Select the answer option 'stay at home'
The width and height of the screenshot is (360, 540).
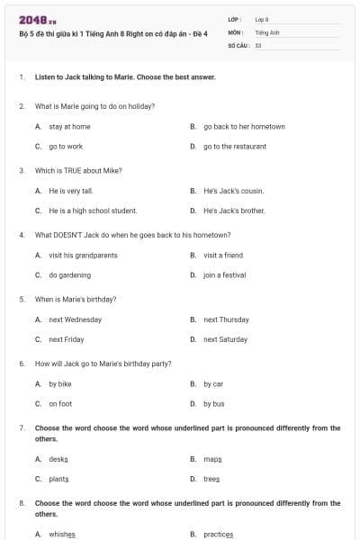point(69,127)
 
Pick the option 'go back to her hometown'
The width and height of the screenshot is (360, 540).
point(244,127)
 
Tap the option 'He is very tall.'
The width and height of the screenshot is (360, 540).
point(71,191)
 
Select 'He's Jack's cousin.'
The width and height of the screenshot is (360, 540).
point(233,191)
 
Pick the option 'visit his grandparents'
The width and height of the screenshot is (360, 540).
point(83,256)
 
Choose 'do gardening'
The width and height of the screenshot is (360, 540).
point(69,275)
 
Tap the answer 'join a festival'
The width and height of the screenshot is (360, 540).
point(224,275)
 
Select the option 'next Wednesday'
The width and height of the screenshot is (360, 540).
point(75,319)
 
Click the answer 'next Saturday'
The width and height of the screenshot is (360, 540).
point(225,339)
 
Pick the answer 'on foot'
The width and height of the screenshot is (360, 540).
point(60,404)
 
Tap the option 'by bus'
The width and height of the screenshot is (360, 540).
point(213,404)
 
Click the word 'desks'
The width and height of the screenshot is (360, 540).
point(58,459)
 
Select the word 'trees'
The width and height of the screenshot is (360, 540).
point(211,479)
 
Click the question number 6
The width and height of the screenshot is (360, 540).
point(22,364)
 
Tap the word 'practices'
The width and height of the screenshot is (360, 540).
point(218,534)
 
